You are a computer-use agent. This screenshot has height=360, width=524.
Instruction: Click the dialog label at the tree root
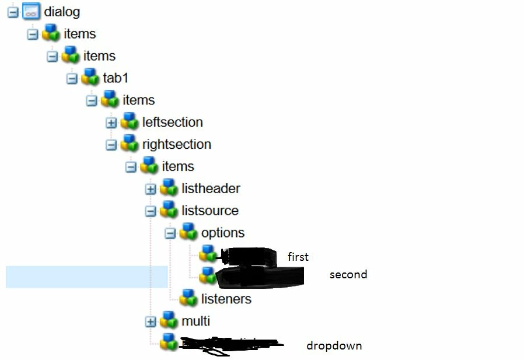(62, 12)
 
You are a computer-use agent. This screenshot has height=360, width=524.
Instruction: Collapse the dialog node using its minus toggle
(13, 12)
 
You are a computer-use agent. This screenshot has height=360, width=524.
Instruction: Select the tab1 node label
(116, 78)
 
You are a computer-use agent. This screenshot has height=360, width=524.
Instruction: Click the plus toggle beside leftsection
(111, 123)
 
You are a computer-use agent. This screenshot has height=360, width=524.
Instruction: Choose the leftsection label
(172, 123)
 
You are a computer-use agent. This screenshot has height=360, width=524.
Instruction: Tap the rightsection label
(176, 145)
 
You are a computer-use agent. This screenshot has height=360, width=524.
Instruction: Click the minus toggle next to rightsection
(111, 145)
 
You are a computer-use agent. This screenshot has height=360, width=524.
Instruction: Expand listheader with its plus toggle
(151, 189)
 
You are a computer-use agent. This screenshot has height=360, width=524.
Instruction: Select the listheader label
(211, 189)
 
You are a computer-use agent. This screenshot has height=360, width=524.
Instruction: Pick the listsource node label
(209, 211)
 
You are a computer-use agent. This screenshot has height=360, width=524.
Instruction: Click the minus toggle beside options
(170, 233)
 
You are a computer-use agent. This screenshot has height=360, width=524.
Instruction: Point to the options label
(222, 233)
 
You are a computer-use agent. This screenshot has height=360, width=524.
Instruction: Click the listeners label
(226, 299)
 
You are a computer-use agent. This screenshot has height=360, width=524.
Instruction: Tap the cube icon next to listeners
(188, 298)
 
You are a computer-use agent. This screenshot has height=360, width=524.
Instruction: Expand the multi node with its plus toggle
(151, 321)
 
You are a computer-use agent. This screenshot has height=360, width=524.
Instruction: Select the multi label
(195, 321)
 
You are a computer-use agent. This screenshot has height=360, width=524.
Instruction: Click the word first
(298, 257)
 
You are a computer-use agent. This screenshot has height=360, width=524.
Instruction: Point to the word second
(348, 274)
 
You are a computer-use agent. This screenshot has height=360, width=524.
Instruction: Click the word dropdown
(334, 346)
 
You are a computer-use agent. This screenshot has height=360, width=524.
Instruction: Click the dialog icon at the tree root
(31, 12)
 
